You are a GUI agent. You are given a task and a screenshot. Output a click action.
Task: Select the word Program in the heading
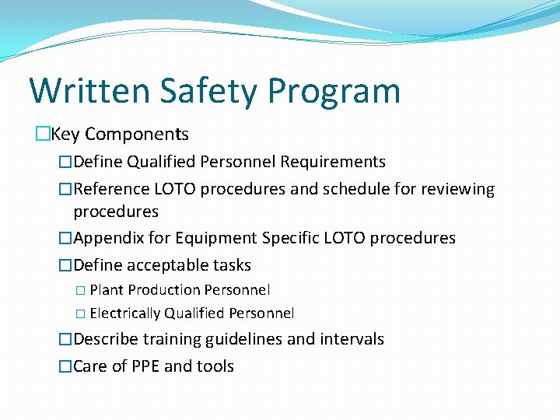point(334,92)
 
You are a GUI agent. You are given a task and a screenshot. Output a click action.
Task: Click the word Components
point(137,135)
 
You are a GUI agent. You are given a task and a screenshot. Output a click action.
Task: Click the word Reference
point(111,189)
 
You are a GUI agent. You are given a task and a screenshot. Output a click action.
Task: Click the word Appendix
point(110,238)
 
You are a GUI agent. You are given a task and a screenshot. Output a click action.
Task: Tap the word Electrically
point(125,313)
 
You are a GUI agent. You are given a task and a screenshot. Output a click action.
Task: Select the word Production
point(163,290)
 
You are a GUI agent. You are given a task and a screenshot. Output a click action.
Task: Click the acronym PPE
point(147,366)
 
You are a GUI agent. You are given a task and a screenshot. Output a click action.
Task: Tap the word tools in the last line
point(215,366)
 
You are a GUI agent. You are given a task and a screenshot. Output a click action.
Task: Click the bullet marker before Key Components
point(43,135)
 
